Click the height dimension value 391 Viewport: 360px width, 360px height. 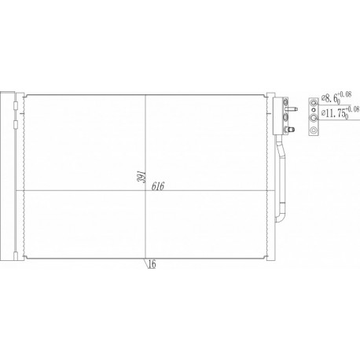[x=140, y=179]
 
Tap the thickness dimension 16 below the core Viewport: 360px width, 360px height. [x=151, y=264]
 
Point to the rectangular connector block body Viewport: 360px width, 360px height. [x=277, y=113]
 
